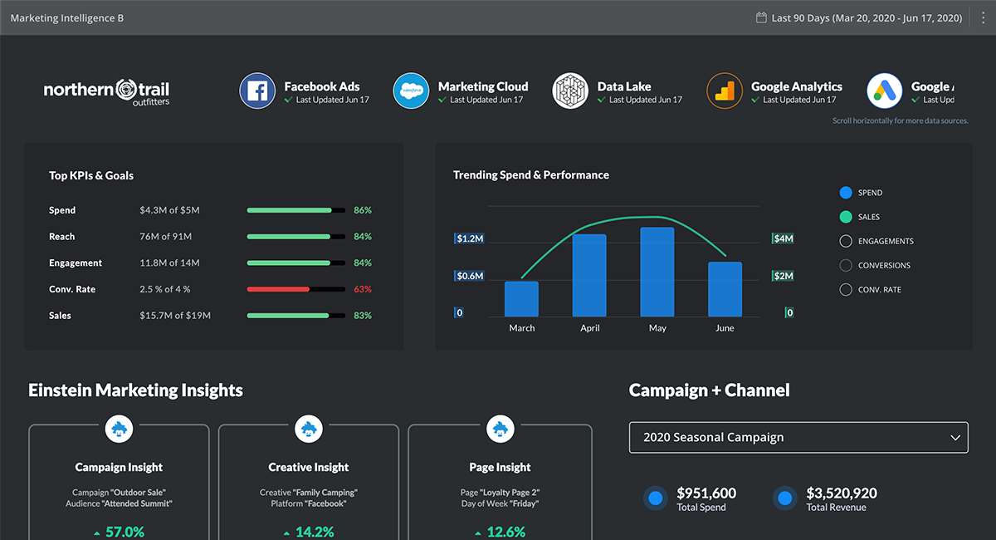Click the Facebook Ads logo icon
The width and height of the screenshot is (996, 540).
(257, 91)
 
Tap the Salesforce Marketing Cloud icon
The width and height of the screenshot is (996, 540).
(411, 91)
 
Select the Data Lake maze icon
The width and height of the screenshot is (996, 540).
(570, 91)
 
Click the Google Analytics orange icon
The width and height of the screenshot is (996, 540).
(725, 91)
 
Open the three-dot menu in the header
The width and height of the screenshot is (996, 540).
(982, 17)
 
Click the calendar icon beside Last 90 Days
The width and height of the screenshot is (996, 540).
(760, 17)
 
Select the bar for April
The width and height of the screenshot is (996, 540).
(589, 275)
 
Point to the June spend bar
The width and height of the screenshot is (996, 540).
(725, 289)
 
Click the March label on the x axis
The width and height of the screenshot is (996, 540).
(522, 328)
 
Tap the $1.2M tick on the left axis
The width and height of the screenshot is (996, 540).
(470, 239)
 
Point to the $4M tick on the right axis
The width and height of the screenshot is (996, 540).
(784, 239)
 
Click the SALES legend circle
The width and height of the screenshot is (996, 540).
(846, 217)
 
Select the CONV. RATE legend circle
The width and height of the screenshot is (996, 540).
(846, 290)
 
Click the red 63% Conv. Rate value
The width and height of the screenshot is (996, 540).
(362, 289)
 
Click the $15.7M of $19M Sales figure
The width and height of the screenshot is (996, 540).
(175, 316)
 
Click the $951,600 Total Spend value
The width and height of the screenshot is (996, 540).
(706, 493)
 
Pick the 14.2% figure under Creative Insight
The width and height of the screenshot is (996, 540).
(314, 532)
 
